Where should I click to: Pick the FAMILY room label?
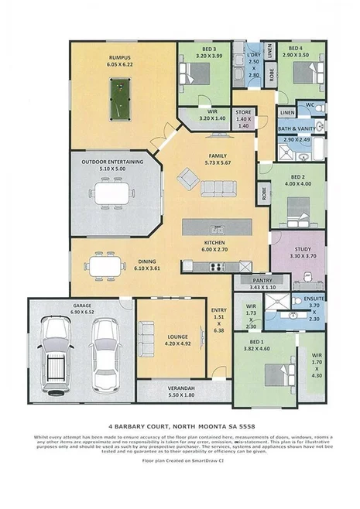(218, 158)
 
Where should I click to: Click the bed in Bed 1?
(277, 374)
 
